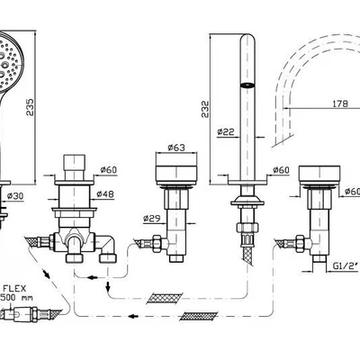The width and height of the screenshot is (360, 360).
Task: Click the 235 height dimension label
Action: tap(30, 107)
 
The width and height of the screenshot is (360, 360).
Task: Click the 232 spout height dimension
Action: tap(205, 109)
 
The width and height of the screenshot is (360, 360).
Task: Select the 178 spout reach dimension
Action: tap(340, 103)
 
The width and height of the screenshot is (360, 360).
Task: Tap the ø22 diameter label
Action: tap(225, 131)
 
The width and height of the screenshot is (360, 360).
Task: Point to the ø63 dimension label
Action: tap(176, 148)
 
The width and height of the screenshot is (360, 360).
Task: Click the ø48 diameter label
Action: tap(105, 194)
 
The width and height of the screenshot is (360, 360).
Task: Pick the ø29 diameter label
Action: tap(151, 219)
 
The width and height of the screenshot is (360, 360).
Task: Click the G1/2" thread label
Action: tap(346, 265)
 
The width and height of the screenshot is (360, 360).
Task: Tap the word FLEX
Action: tap(14, 289)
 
